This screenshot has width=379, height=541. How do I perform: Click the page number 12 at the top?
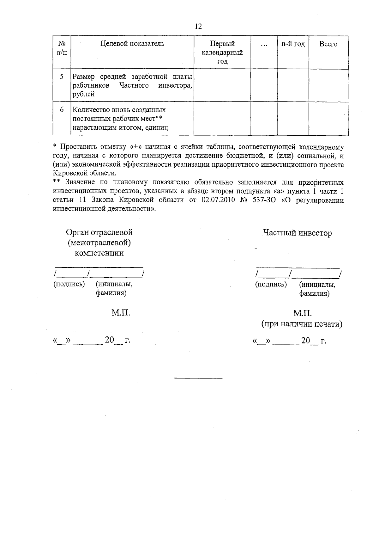tap(198, 26)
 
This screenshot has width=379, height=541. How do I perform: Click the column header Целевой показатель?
tap(132, 44)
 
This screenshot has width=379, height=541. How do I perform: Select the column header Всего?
tap(328, 44)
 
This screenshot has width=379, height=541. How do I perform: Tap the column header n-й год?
tap(293, 44)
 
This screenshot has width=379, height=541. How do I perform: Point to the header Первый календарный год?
tap(222, 52)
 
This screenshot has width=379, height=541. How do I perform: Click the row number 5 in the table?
tap(62, 77)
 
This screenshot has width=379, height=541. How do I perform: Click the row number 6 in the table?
tap(62, 110)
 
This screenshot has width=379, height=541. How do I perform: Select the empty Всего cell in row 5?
tap(328, 85)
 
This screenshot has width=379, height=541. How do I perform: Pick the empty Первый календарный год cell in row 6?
tap(222, 119)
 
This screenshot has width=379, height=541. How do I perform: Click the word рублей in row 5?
tap(84, 94)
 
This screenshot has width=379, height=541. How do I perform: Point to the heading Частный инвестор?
tap(298, 233)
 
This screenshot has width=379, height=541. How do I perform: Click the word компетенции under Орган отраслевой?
tap(99, 253)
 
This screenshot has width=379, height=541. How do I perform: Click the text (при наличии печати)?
tap(302, 324)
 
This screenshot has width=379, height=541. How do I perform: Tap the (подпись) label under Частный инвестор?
tap(271, 284)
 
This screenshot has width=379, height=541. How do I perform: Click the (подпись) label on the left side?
tap(69, 284)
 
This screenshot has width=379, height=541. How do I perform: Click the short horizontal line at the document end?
tap(198, 378)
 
